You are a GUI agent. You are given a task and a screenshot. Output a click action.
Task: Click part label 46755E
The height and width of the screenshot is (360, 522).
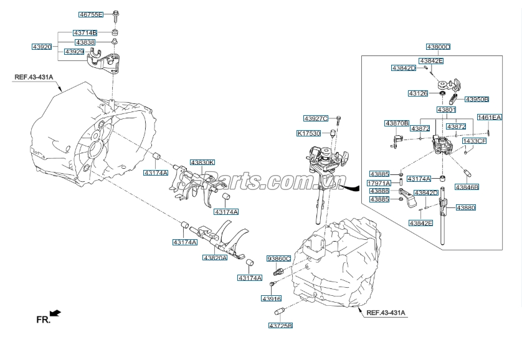click(x=91, y=15)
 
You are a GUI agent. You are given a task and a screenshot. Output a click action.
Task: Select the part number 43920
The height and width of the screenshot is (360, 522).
click(x=42, y=47)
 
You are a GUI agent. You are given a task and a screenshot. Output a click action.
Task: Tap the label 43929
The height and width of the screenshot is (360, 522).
click(x=74, y=52)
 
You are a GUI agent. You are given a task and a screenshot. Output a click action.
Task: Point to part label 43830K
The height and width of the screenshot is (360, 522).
click(x=202, y=163)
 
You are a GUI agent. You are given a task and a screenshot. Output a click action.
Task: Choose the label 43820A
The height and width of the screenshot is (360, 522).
click(x=216, y=257)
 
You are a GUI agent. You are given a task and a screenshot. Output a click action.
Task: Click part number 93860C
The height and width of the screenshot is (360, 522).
click(x=279, y=258)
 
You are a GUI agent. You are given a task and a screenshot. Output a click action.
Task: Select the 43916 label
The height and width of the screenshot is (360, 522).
click(x=272, y=299)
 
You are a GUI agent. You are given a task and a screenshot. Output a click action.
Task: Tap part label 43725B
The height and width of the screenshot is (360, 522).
click(x=281, y=325)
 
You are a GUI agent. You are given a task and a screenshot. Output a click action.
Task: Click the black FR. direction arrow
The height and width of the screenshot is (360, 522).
click(x=55, y=313)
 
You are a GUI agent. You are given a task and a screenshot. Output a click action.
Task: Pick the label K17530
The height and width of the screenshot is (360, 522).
click(x=309, y=133)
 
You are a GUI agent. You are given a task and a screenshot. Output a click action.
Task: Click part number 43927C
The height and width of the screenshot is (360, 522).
click(x=316, y=118)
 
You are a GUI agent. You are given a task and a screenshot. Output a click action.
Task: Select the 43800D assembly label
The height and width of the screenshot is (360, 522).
click(x=439, y=47)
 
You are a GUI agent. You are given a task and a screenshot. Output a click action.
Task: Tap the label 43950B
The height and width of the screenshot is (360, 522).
click(x=477, y=99)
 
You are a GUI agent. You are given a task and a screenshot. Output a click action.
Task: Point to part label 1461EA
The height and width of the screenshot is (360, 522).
click(x=490, y=117)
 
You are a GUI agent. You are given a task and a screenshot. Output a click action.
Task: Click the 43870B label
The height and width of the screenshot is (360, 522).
click(x=397, y=123)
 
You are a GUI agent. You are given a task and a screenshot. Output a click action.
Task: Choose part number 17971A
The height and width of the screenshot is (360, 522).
click(x=379, y=183)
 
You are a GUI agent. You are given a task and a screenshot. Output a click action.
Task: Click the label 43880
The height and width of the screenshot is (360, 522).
click(x=466, y=207)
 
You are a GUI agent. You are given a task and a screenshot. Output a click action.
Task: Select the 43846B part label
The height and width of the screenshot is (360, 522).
click(x=467, y=187)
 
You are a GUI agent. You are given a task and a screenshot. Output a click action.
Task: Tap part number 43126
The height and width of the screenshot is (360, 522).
click(x=418, y=93)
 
